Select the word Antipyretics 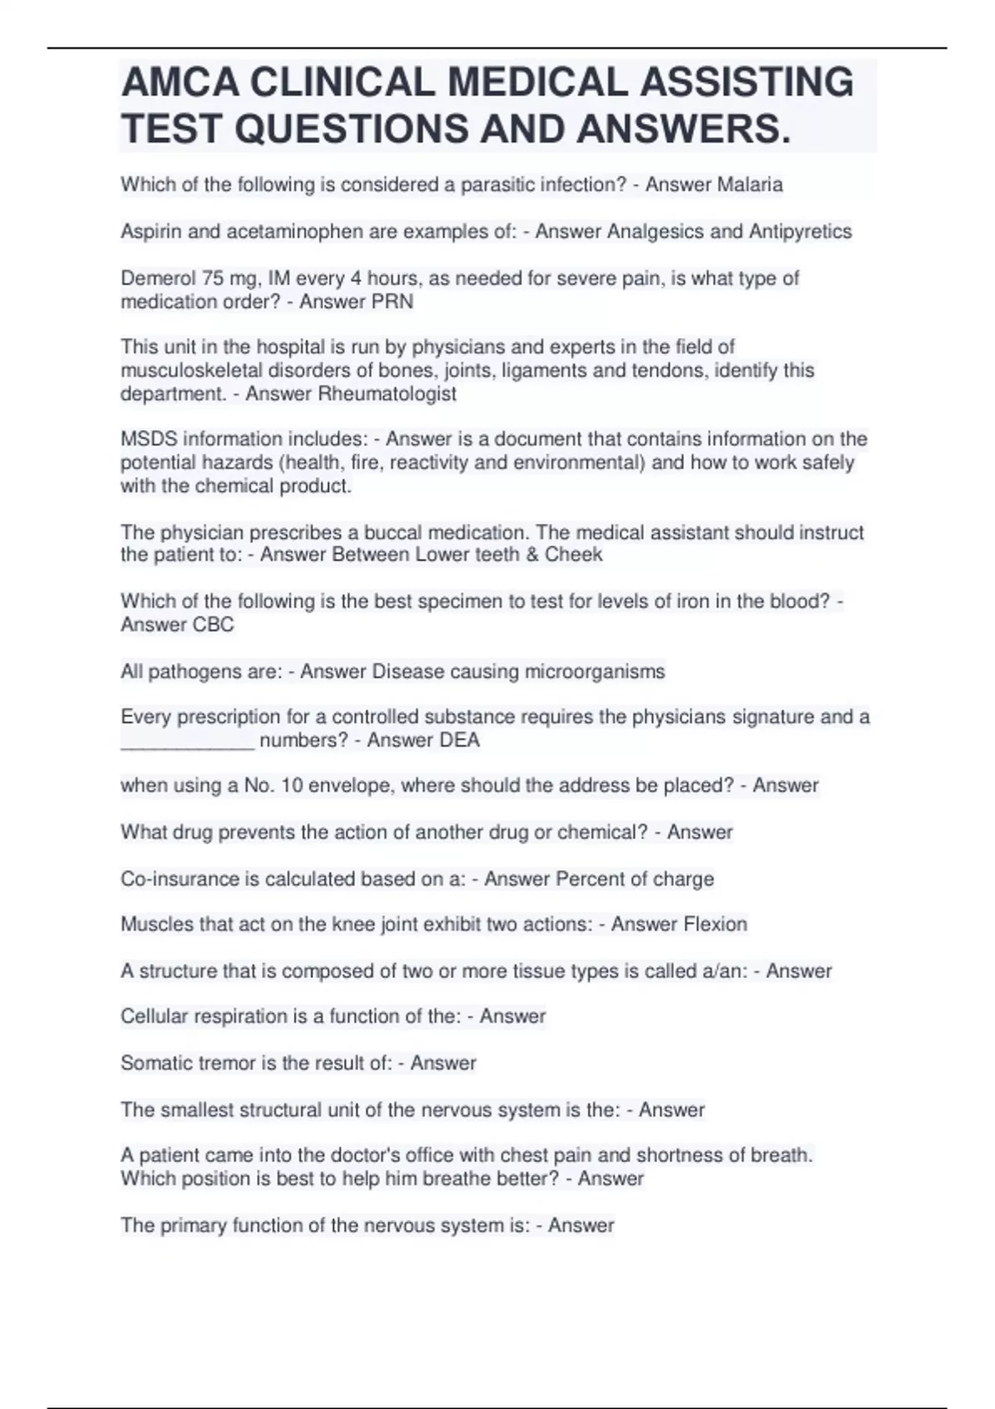coord(800,231)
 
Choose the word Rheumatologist coord(387,394)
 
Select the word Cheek coord(573,554)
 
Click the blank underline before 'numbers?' coord(187,740)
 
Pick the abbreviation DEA coord(459,740)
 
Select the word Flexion coord(713,924)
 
